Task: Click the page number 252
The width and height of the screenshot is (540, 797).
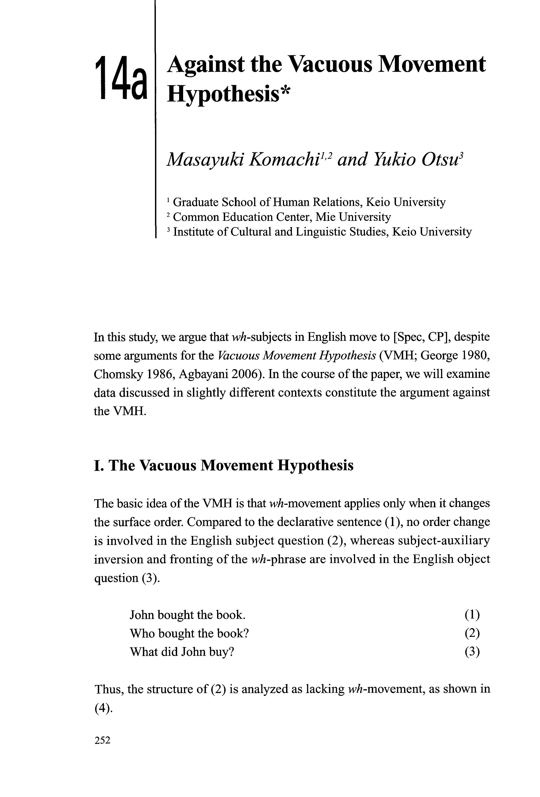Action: coord(102,750)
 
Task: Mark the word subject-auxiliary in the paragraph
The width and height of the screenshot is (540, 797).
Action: coord(444,541)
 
